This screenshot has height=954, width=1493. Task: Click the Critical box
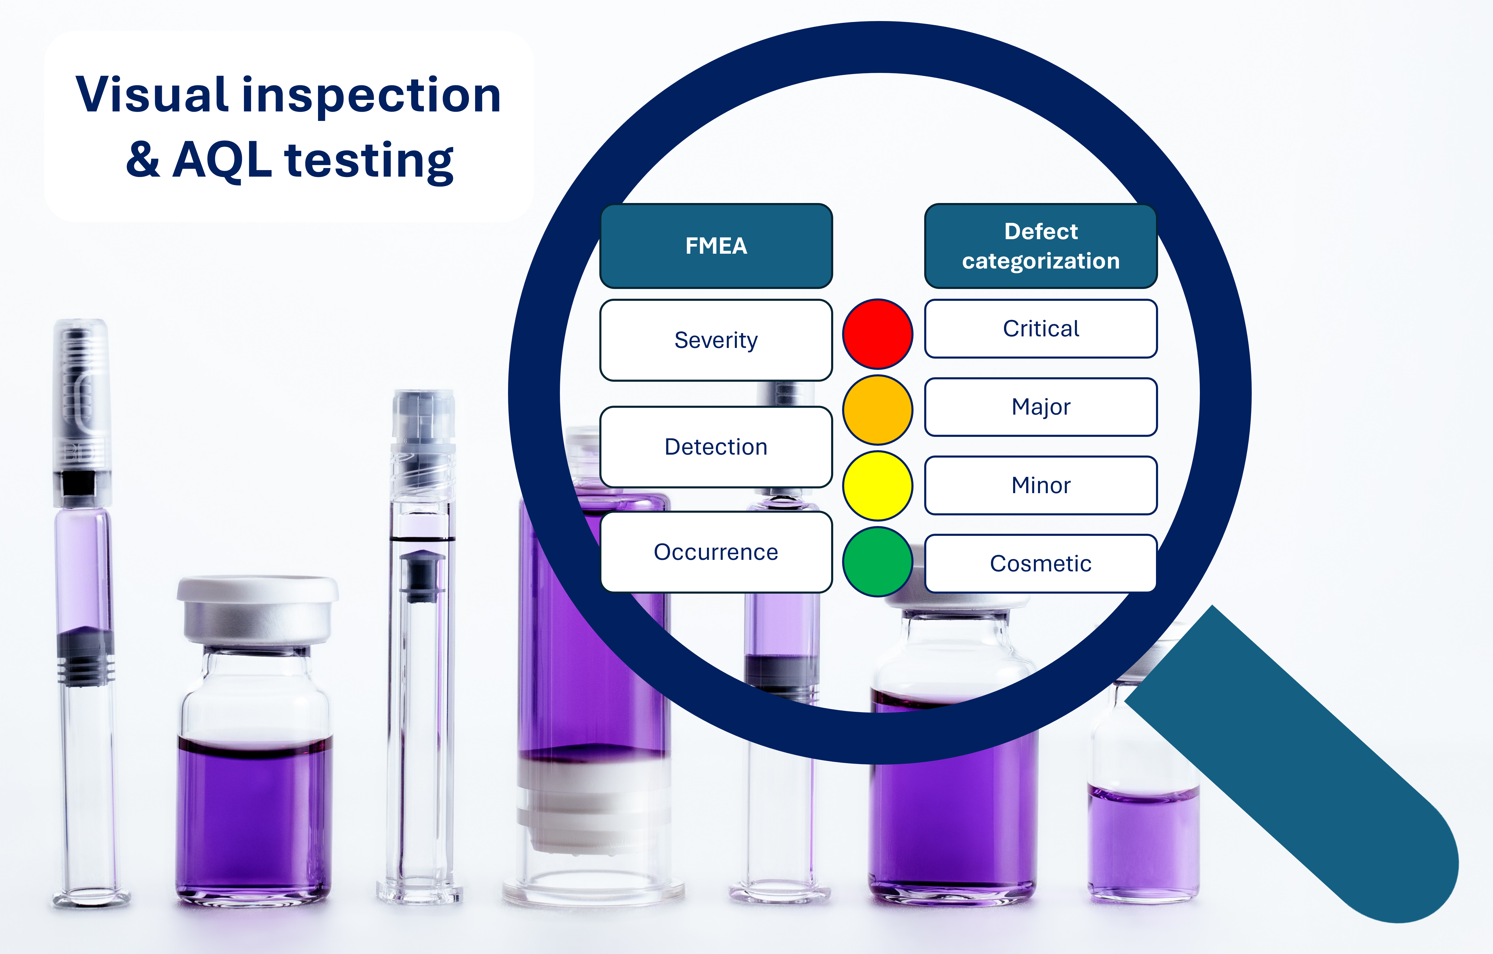(1041, 329)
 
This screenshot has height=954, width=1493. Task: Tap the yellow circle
(877, 485)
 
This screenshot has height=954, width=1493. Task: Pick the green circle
(877, 562)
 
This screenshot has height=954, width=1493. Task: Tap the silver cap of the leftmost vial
(257, 611)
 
